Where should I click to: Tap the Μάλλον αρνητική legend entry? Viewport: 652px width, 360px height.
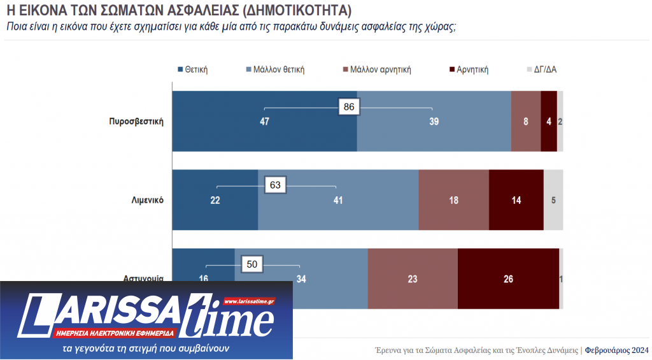tap(376, 69)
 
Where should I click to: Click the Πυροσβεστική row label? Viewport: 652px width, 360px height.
tap(136, 122)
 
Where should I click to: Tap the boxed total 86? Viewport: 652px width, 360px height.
tap(349, 107)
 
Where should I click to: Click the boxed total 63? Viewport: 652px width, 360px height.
tap(276, 185)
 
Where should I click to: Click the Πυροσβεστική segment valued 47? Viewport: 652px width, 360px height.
tap(264, 122)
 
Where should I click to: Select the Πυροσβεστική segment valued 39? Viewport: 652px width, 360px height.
tap(434, 122)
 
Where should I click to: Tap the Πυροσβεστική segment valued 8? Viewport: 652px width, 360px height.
tap(526, 122)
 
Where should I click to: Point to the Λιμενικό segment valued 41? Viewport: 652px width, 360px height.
tap(338, 200)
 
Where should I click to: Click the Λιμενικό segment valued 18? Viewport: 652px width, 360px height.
tap(453, 200)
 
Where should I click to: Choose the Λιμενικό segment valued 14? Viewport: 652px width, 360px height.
tap(516, 200)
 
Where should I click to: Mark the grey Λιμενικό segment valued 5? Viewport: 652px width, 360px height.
tap(553, 200)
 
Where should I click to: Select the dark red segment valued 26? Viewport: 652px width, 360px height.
tap(508, 278)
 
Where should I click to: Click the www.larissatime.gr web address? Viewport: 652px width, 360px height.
tap(249, 301)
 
